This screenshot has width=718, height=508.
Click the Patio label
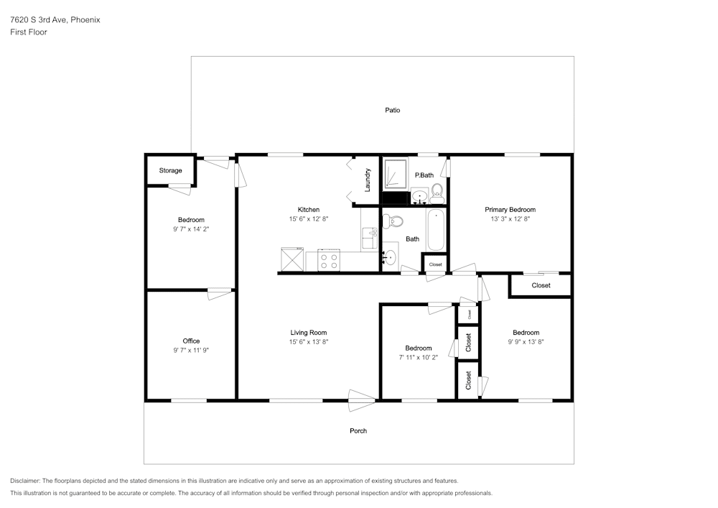(x=393, y=110)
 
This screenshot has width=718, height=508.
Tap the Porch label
(x=358, y=430)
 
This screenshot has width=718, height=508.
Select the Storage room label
(x=170, y=170)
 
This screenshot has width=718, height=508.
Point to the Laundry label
(x=367, y=180)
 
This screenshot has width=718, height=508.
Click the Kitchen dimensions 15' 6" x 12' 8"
(x=309, y=219)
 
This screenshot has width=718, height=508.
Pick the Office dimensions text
(x=191, y=350)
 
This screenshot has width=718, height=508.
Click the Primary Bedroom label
(x=510, y=210)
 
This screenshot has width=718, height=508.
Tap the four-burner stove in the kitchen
(x=329, y=261)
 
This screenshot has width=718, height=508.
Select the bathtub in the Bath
(x=436, y=230)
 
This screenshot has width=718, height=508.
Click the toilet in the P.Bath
(x=437, y=194)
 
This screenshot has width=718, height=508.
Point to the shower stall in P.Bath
(x=395, y=173)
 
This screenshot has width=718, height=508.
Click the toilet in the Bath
(x=392, y=222)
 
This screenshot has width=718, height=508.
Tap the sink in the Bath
(x=390, y=257)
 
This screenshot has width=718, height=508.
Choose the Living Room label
(x=309, y=333)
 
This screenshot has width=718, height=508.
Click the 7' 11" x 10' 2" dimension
(x=418, y=357)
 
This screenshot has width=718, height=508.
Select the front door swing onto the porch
(x=362, y=400)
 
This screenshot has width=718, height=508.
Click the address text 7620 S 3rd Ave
(x=39, y=19)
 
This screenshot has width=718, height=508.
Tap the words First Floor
(x=29, y=32)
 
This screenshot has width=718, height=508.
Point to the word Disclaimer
(x=25, y=481)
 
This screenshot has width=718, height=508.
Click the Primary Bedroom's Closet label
(x=541, y=285)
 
